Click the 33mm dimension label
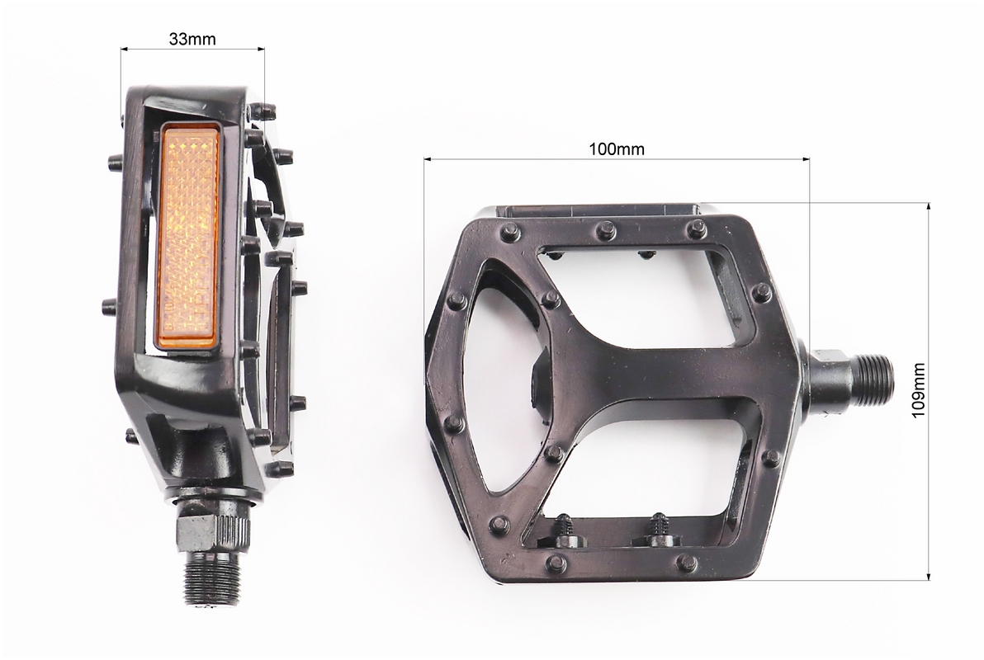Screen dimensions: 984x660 point(192,39)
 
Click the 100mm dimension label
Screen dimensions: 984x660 point(617,149)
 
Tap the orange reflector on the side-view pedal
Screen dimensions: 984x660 point(189,236)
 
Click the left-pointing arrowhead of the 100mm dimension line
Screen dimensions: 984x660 point(428,159)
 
